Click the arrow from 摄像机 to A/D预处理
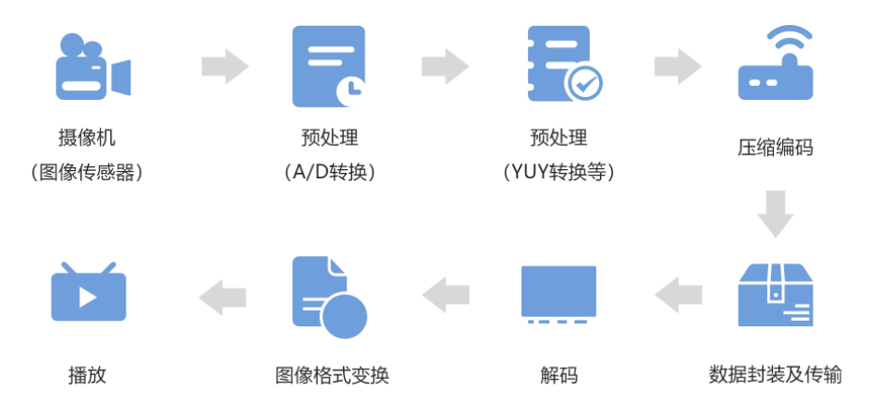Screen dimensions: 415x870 225,67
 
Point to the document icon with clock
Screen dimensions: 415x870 328,67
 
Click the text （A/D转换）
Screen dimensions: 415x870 329,172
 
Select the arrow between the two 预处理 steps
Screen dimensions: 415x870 445,67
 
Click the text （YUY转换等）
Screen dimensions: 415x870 558,172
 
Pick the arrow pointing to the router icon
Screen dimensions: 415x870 677,67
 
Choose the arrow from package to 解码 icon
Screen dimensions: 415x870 678,295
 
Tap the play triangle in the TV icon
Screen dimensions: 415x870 89,297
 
